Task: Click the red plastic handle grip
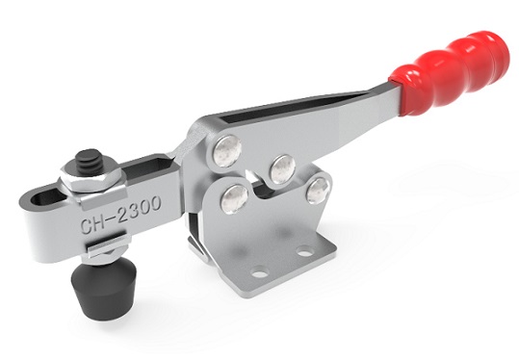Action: [x=451, y=72]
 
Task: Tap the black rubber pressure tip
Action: [x=103, y=287]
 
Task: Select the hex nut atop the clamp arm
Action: [x=92, y=179]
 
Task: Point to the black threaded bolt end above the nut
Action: [x=90, y=162]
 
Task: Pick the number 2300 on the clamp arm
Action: [x=141, y=209]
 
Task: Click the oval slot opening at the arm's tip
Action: [x=48, y=198]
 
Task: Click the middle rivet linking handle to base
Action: [x=283, y=169]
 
